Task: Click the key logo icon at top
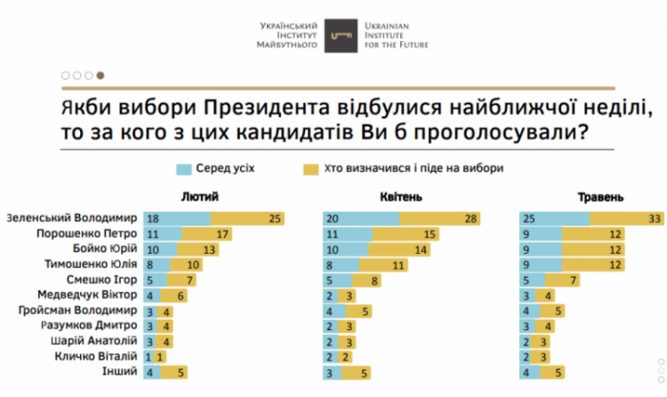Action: pos(333,33)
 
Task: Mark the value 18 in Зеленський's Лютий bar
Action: pos(152,218)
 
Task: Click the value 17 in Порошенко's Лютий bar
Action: pos(223,233)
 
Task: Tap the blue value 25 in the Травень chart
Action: pos(530,218)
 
